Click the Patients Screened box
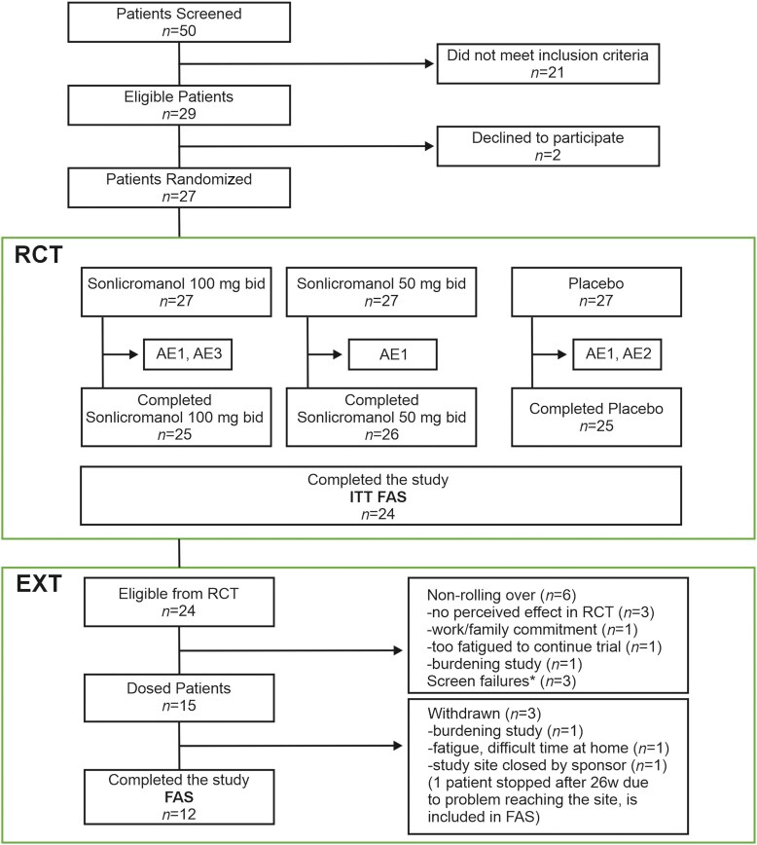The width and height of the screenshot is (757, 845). (x=179, y=22)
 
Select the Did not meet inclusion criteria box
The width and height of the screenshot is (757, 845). (x=548, y=63)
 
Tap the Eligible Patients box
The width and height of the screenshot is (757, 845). (x=179, y=105)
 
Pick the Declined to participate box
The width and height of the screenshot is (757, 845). (x=548, y=146)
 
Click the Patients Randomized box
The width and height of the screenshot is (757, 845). (x=179, y=188)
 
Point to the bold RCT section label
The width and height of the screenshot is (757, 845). (x=38, y=255)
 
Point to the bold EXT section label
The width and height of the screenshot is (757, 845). (x=39, y=584)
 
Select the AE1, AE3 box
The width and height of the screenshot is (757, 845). (x=188, y=354)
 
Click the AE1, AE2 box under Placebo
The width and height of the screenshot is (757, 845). (x=617, y=354)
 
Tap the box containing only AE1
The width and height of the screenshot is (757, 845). (x=393, y=354)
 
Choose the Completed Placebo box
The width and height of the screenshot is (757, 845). (x=596, y=417)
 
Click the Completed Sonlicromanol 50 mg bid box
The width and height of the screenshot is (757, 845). (x=381, y=417)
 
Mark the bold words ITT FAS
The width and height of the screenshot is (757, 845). (x=378, y=496)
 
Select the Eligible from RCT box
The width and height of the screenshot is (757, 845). (x=179, y=602)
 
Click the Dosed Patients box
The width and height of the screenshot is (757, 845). (x=179, y=697)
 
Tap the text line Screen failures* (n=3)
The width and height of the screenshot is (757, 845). (x=501, y=681)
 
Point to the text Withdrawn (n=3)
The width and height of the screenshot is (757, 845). (x=484, y=714)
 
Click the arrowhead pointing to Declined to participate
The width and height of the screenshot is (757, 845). (x=429, y=146)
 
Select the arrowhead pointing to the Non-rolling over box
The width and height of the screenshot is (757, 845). (x=398, y=650)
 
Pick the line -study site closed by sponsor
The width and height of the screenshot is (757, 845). (x=547, y=765)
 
